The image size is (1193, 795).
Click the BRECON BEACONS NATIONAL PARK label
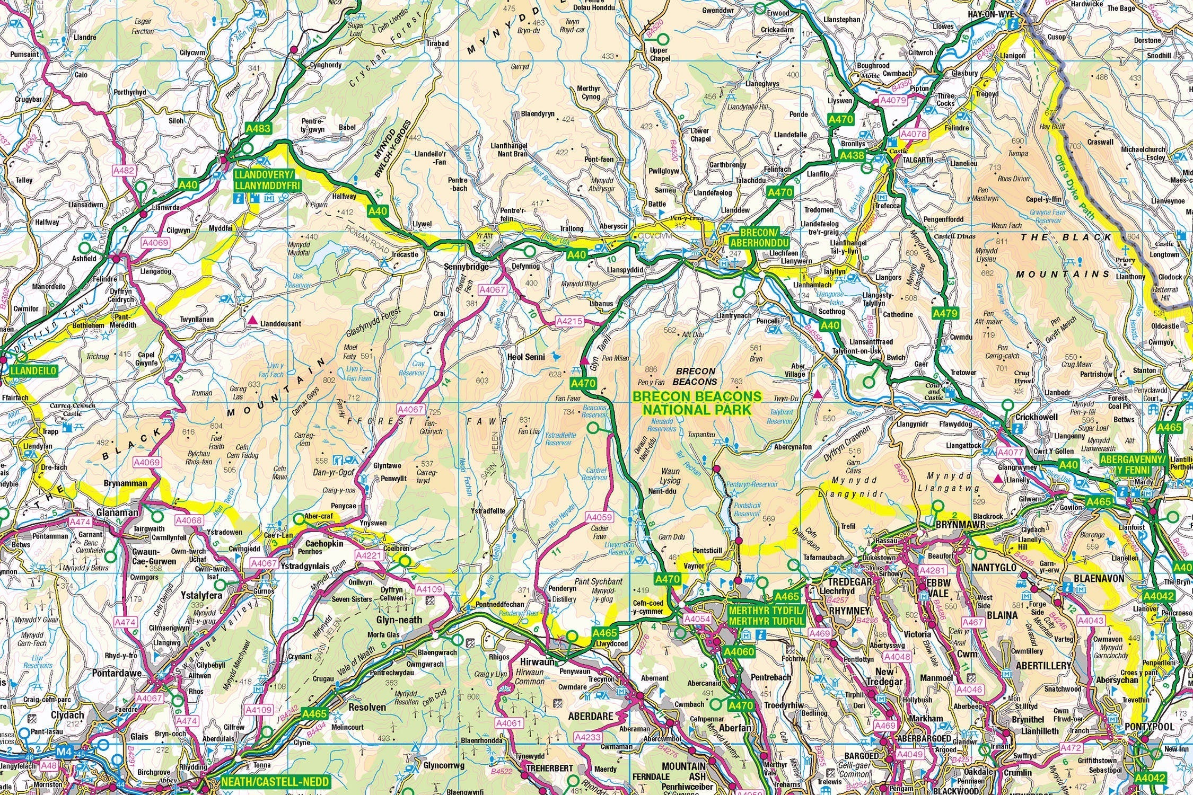[697, 403]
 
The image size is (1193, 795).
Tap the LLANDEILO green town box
[33, 371]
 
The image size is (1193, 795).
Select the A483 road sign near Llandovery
[258, 128]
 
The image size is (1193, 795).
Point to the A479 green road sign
[945, 313]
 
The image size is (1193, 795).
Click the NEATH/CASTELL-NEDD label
[275, 782]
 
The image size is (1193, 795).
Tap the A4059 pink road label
[599, 517]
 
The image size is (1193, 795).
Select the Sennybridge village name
[466, 267]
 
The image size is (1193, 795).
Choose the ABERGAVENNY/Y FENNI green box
[1133, 465]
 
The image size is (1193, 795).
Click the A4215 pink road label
[569, 321]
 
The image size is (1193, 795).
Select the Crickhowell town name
[1036, 417]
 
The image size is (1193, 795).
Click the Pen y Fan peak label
[651, 382]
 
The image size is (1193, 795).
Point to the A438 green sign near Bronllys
[852, 156]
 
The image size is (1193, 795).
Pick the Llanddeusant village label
[281, 323]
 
